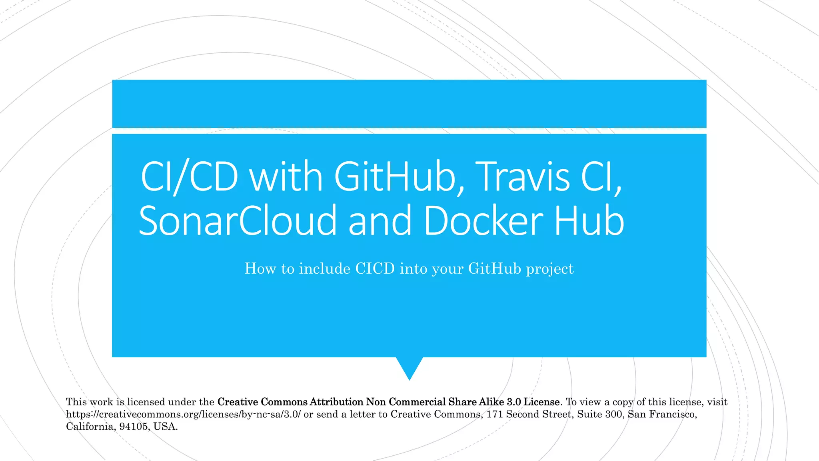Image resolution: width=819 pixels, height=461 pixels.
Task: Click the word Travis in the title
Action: coord(524,176)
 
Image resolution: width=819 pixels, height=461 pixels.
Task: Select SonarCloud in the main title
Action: coord(238,220)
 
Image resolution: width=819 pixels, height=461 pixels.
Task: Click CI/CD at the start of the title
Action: coord(189,176)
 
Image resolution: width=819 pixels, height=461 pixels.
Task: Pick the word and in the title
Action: coord(380,220)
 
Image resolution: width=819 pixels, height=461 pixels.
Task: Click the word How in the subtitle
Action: coord(260,269)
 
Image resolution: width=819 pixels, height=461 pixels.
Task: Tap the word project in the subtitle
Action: coord(550,269)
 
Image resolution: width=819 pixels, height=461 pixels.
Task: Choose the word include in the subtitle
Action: coord(325,269)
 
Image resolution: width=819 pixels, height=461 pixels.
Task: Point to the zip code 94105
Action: coord(134,427)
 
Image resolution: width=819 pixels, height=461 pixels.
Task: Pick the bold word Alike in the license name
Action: coord(491,402)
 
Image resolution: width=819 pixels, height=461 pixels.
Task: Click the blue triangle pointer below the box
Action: coord(409,367)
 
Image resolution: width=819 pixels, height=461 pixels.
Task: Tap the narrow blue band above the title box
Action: coord(409,104)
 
